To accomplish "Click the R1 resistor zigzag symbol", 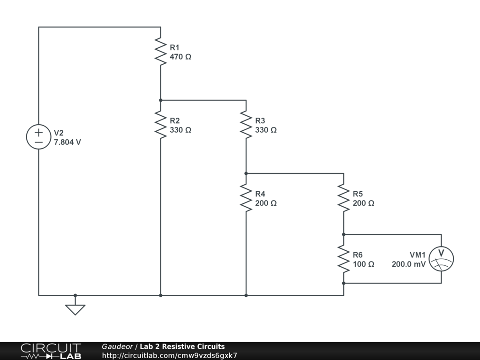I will pyautogui.click(x=161, y=52).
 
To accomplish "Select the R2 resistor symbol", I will pyautogui.click(x=161, y=125).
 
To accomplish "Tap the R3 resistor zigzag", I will pyautogui.click(x=246, y=125).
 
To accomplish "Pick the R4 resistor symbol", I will pyautogui.click(x=246, y=198).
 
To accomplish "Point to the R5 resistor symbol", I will pyautogui.click(x=344, y=198).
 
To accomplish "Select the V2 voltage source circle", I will pyautogui.click(x=38, y=137).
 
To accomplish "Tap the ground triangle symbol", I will pyautogui.click(x=75, y=309).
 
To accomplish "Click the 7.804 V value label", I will pyautogui.click(x=67, y=142).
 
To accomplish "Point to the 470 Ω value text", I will pyautogui.click(x=180, y=57).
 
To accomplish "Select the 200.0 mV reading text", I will pyautogui.click(x=409, y=264).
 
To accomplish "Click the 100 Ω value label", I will pyautogui.click(x=363, y=264).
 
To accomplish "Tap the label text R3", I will pyautogui.click(x=260, y=120).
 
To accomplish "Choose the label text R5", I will pyautogui.click(x=358, y=194).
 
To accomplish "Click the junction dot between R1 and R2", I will pyautogui.click(x=161, y=100).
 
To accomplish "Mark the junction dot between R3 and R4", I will pyautogui.click(x=246, y=173).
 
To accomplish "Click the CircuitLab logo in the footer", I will pyautogui.click(x=51, y=351).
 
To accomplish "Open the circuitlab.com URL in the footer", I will pyautogui.click(x=170, y=355).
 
